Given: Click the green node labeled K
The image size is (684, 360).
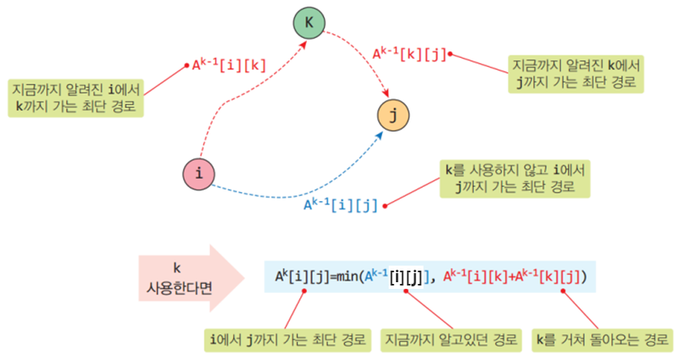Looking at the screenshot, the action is tap(309, 22).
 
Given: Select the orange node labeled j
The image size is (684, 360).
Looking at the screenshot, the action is tap(393, 115).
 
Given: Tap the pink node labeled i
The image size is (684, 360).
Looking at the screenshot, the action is tap(199, 174).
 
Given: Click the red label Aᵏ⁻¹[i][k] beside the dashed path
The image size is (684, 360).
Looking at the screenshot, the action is tap(229, 64).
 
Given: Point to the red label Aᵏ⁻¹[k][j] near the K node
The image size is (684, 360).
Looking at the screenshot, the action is tap(409, 54).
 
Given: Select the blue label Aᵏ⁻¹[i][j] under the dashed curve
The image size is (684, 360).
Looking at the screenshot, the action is tap(340, 204).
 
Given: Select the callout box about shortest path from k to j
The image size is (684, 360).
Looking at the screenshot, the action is tap(576, 74).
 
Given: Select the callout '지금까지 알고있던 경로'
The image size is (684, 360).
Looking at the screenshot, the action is tap(450, 339).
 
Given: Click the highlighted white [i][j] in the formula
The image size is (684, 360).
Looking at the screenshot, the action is tap(405, 276).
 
